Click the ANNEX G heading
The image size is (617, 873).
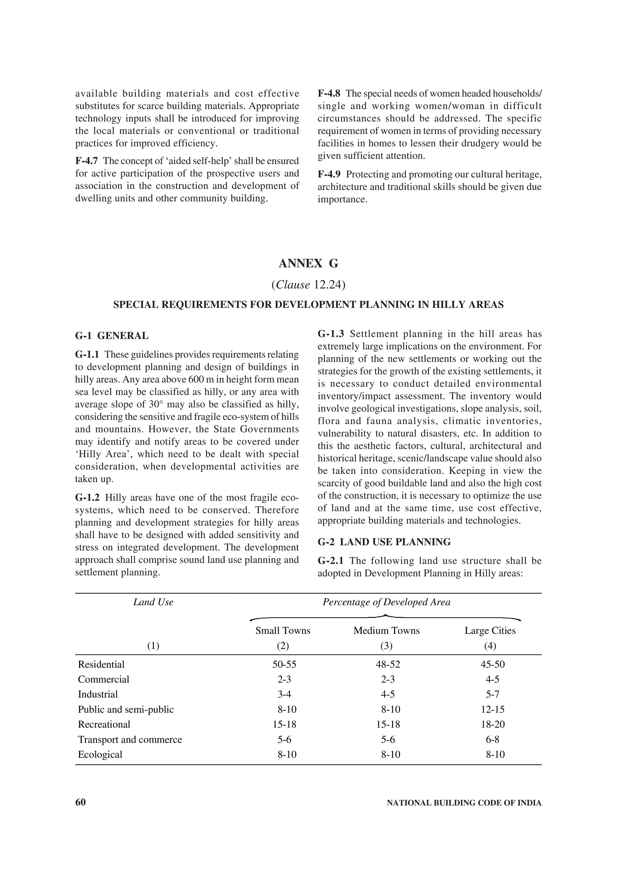[x=308, y=264]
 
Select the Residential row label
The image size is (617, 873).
[x=101, y=664]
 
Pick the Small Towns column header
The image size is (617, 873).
[x=283, y=630]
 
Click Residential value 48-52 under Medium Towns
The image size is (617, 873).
[x=388, y=664]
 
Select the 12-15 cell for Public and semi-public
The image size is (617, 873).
[x=492, y=709]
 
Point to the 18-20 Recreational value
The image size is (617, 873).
[x=492, y=724]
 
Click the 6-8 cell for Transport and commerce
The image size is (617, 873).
[x=492, y=740]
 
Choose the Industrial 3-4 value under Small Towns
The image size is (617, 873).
[x=284, y=694]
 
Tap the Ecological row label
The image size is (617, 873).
[x=100, y=754]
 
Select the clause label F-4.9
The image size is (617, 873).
[x=329, y=174]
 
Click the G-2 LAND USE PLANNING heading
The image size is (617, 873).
[x=384, y=542]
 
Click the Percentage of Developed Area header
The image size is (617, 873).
[x=386, y=602]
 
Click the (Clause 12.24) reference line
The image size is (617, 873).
[x=308, y=285]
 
